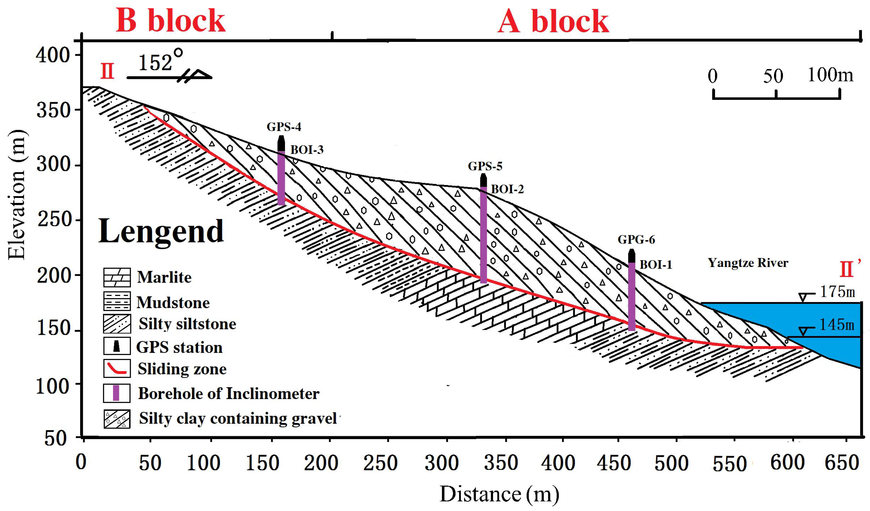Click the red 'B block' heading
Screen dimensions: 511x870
point(170,21)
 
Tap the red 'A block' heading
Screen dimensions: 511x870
point(553,21)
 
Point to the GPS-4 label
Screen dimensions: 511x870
point(284,127)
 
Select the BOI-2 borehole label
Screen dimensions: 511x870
point(507,189)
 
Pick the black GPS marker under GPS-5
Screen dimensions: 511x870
point(483,180)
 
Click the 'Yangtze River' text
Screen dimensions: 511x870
point(748,263)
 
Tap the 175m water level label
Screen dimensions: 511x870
point(837,292)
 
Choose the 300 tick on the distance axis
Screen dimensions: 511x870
point(442,463)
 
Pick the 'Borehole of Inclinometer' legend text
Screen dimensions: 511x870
point(229,394)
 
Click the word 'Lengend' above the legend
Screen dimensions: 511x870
point(161,231)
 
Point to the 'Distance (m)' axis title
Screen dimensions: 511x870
point(499,494)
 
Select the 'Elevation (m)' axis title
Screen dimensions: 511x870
point(17,195)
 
